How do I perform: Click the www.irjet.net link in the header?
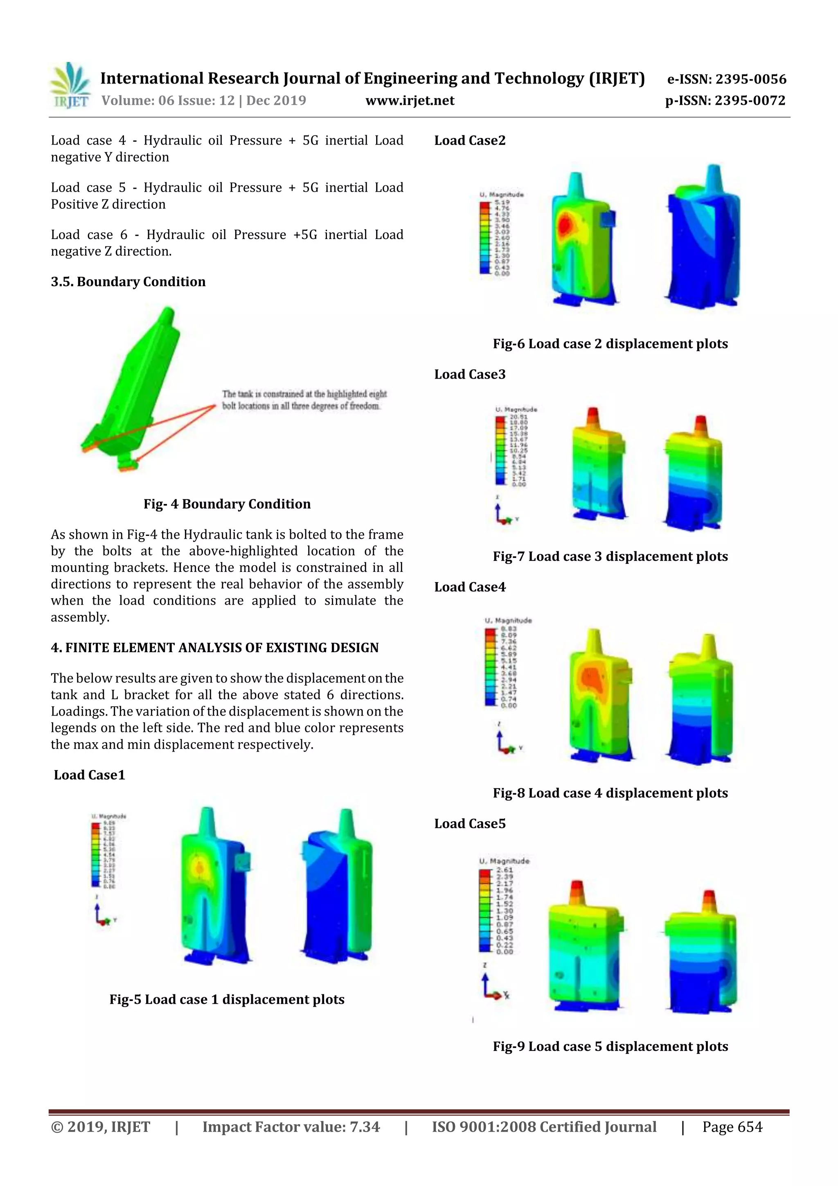pos(410,101)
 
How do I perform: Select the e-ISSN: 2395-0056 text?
pos(726,79)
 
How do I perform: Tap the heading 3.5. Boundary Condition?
pos(128,282)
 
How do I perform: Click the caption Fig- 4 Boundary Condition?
pos(227,504)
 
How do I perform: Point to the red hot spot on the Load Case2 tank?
pos(565,225)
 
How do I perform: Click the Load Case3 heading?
pos(469,374)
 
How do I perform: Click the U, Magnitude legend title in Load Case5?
pos(504,861)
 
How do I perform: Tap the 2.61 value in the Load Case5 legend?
pos(505,870)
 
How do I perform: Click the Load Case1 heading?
pos(89,775)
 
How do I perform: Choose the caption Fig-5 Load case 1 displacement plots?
pos(227,1000)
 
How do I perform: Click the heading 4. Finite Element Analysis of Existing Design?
pos(214,648)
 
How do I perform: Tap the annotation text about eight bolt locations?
pos(304,400)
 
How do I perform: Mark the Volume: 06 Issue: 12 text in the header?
pos(203,101)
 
